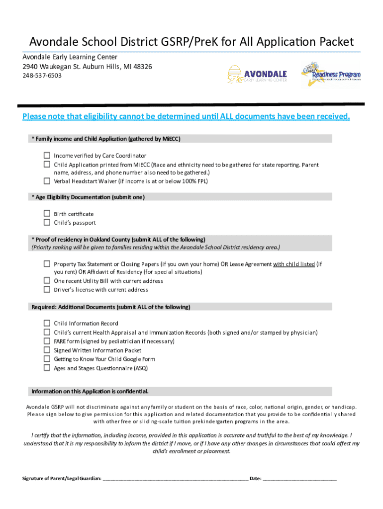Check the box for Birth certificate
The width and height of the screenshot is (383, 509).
[x=47, y=214]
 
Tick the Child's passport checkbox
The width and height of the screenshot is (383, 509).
[x=47, y=223]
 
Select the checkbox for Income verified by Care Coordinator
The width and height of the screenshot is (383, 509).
[x=47, y=155]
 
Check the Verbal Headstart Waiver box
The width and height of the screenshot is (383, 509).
[x=47, y=181]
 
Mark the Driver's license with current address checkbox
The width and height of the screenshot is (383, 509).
[x=47, y=289]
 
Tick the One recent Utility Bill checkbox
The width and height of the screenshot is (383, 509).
[x=47, y=280]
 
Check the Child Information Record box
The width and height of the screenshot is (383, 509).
[x=47, y=323]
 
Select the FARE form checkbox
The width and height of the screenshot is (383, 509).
[x=47, y=341]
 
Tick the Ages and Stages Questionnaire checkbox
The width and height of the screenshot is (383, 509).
[x=47, y=368]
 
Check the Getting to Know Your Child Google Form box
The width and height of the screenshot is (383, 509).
[x=47, y=359]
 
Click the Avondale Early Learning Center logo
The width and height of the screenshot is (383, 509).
[x=258, y=75]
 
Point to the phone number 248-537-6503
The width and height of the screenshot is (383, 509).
[x=42, y=76]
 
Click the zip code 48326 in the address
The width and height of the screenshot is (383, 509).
[x=141, y=67]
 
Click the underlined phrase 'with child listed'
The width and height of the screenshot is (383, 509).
[x=293, y=264]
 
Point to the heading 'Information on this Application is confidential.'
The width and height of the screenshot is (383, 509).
[x=90, y=391]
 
